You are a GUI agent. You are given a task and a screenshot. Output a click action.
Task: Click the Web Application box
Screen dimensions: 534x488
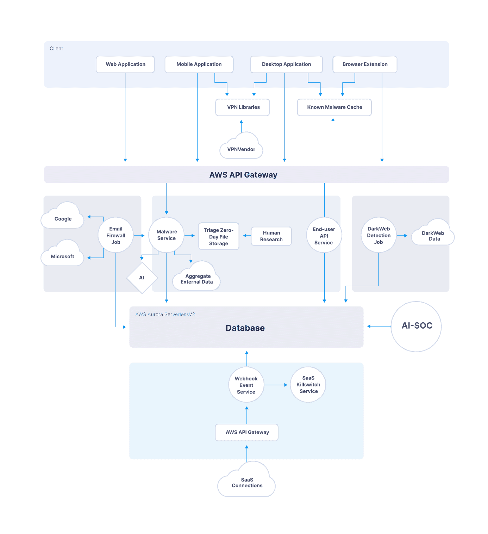125,64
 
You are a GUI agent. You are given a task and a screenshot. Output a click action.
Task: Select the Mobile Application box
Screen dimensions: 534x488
199,64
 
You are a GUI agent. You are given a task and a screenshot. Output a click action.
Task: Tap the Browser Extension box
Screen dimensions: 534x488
365,64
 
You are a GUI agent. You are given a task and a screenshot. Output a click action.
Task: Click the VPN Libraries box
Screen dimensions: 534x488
243,107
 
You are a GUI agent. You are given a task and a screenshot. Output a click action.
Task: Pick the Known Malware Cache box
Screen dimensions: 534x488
334,107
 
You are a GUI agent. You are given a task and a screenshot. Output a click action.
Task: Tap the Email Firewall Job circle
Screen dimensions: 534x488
115,235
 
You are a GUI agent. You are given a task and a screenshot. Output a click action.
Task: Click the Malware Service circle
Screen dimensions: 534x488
167,235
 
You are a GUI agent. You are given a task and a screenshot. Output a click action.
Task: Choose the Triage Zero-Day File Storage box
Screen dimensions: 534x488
219,236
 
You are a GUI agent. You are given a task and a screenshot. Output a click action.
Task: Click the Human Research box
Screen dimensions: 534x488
271,236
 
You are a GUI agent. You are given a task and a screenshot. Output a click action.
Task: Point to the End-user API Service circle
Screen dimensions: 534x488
324,235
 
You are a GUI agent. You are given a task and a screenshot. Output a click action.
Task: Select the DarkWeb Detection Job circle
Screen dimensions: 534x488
378,235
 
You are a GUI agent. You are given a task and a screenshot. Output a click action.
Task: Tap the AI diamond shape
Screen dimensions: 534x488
142,278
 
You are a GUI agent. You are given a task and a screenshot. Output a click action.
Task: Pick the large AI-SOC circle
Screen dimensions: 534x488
417,326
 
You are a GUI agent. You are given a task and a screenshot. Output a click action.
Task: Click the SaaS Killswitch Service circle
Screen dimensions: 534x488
308,385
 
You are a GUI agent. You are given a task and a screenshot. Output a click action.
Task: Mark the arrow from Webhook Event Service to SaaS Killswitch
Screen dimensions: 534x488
276,385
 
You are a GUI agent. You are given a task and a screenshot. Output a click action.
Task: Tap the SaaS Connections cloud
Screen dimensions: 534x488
247,482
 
